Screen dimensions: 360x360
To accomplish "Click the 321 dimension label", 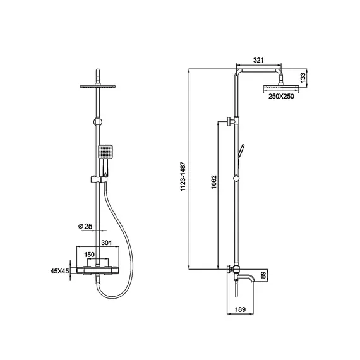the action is point(258,60).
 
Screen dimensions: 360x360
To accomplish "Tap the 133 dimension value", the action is point(303,78).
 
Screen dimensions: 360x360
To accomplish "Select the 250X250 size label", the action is point(281,96).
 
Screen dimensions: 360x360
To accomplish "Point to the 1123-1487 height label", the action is point(183,176).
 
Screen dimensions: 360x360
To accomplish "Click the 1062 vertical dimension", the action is point(213,182).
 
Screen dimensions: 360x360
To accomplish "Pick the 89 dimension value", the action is point(263,275).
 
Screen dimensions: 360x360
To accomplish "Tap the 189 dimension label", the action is point(240,309).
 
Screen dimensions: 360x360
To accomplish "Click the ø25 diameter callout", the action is point(85,226).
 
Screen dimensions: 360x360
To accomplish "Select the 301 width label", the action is point(107,243).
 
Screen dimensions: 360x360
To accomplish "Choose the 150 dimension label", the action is point(89,255).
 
